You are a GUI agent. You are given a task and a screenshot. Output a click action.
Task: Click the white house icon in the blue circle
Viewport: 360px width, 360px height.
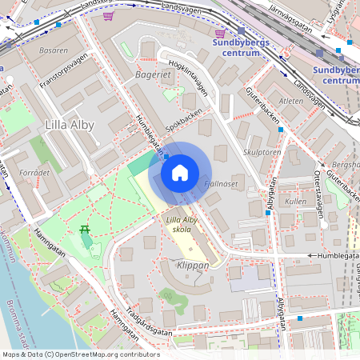point(180,173)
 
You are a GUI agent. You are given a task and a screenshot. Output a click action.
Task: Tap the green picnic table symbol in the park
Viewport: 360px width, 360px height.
point(84,231)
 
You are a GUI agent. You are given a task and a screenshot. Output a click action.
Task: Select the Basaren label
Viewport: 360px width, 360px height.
point(53,49)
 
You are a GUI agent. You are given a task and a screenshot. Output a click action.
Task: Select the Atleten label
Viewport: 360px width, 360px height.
point(291,102)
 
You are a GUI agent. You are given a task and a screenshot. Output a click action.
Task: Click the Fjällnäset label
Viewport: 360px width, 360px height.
point(222,183)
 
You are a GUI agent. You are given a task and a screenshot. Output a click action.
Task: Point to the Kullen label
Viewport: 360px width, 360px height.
point(295,202)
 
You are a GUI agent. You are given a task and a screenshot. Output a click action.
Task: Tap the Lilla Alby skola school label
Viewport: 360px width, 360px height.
point(182,224)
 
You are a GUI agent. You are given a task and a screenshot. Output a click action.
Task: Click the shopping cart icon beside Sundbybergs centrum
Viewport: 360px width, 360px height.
point(220,33)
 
